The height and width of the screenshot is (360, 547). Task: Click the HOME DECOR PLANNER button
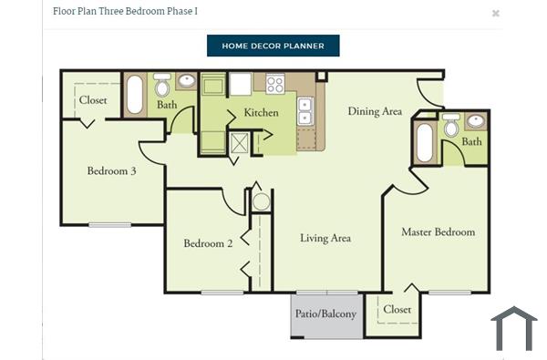273,46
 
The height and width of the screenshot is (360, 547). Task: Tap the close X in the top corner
496,14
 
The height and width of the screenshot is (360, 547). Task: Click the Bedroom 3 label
111,170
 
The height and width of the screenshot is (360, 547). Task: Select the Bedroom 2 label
208,243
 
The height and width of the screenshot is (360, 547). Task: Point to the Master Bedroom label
438,232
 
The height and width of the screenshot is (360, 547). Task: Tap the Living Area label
325,239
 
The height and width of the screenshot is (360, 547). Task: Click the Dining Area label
375,112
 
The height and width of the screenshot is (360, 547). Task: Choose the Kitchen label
261,113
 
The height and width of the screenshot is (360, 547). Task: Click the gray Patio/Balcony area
325,315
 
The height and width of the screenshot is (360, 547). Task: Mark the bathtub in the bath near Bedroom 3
135,94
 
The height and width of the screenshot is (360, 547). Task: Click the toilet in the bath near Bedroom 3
162,87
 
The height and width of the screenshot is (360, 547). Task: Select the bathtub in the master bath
425,142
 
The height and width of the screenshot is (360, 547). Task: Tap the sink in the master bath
476,121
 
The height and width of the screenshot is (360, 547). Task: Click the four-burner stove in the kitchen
274,84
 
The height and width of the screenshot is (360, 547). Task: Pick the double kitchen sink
305,111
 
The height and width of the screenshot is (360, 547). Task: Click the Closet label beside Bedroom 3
93,100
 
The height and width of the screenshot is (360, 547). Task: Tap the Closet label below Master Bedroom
397,310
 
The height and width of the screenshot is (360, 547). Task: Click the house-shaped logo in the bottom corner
513,329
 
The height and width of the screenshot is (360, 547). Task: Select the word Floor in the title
65,11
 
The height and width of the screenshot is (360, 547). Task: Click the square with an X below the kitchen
239,141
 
